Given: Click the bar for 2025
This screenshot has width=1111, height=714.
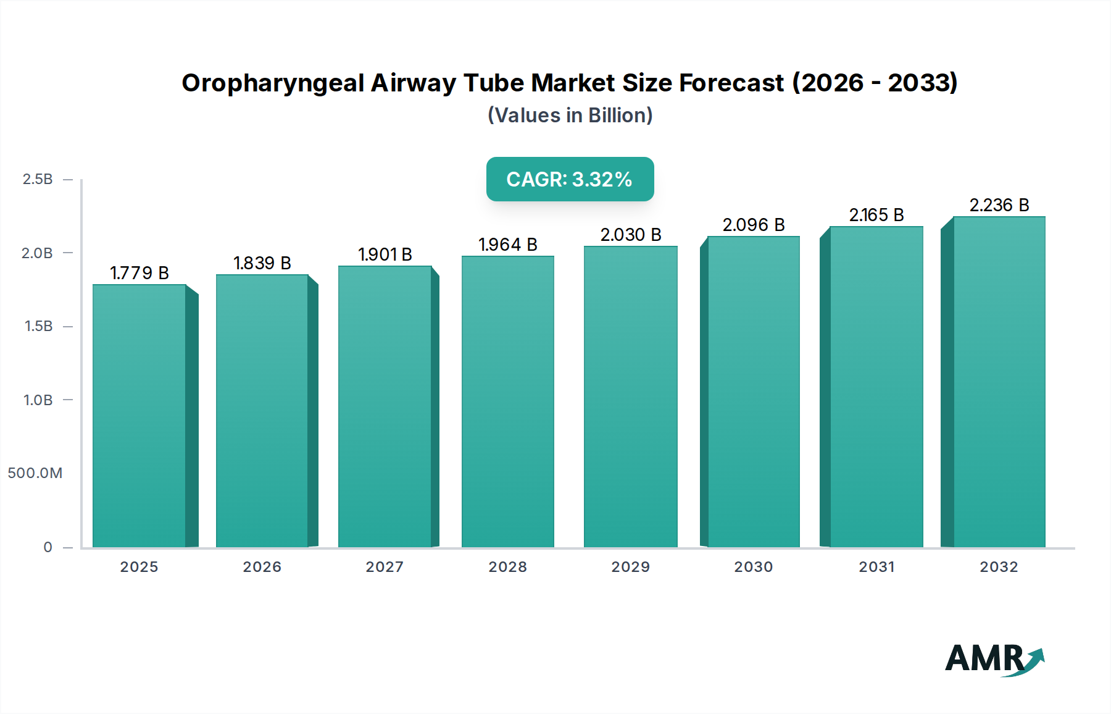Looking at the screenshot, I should tap(139, 416).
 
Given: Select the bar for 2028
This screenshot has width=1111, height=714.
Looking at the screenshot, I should tap(508, 401).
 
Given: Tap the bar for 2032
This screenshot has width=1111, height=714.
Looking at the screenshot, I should tap(999, 382).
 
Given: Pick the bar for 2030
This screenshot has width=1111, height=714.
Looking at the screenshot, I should tap(753, 392).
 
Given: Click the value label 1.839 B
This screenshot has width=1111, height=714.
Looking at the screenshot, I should tap(262, 263).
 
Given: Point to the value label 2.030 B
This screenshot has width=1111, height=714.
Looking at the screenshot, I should tap(631, 235).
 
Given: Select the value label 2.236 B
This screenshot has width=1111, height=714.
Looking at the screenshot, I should tap(999, 205).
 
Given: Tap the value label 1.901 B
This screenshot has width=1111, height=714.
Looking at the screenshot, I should tap(385, 254).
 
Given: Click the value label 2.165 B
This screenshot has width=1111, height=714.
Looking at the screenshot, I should tap(876, 215).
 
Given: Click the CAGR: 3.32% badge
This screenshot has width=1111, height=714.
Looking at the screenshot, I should tap(570, 179).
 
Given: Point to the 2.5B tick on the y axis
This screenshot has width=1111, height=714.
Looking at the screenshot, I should tap(38, 179).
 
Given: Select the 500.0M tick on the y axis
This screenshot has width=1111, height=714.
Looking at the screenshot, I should tap(35, 473).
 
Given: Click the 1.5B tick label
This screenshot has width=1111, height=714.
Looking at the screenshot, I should tap(38, 326).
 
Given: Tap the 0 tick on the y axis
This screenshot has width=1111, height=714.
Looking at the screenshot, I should tap(48, 547).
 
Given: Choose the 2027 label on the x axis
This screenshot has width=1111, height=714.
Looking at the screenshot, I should tap(385, 567).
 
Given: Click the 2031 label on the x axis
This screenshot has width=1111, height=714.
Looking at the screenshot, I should tap(876, 567).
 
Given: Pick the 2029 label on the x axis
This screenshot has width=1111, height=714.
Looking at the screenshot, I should tap(630, 567).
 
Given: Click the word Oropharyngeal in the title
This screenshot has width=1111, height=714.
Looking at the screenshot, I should tap(273, 83).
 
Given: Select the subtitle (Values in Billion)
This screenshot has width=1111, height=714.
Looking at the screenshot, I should tap(570, 115).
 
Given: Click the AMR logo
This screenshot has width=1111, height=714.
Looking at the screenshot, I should tap(994, 658).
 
